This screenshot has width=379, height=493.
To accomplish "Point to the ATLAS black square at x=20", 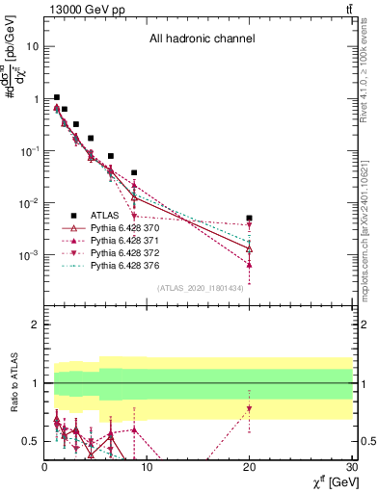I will click(x=249, y=219).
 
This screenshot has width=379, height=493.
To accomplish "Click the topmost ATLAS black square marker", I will click(x=57, y=97).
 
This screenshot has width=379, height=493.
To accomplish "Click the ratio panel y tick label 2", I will click(x=36, y=324).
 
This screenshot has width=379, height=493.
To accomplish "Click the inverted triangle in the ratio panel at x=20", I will click(x=249, y=408).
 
